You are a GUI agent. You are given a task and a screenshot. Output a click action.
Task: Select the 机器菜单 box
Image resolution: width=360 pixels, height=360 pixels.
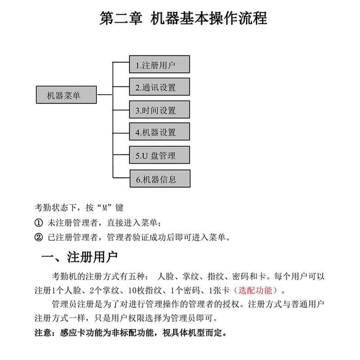tap(66, 95)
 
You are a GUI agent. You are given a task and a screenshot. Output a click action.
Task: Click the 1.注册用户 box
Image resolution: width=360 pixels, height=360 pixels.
tap(159, 64)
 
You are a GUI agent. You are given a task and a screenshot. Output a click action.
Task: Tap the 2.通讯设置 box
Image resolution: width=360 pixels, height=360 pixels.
tap(159, 87)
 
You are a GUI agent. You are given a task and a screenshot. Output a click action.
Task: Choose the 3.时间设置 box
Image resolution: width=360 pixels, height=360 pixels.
tap(159, 110)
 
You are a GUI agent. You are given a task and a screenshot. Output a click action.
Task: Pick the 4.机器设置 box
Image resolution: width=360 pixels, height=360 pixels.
tap(159, 132)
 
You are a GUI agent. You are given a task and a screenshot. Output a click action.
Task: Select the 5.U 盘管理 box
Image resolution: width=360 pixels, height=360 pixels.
tap(159, 155)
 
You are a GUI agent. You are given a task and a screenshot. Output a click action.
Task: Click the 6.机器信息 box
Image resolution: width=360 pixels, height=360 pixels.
tap(159, 179)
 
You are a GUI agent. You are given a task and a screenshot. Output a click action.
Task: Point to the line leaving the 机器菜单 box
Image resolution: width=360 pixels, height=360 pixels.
tap(104, 95)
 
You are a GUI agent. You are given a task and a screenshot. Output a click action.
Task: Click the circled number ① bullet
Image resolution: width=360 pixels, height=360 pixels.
tap(39, 223)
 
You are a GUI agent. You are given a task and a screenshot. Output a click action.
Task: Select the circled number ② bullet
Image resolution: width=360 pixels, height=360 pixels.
tap(39, 237)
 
